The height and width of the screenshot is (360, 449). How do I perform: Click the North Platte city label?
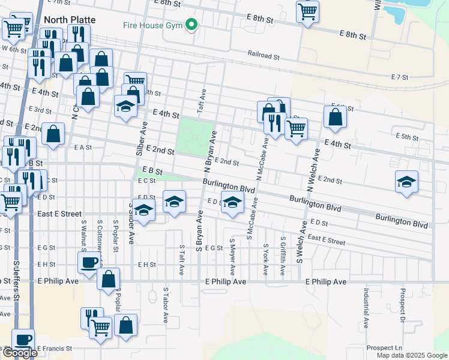[67, 19]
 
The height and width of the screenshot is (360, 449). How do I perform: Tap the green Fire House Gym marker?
[191, 25]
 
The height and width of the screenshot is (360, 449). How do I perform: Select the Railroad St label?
[264, 55]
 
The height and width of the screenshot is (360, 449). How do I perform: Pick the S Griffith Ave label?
[283, 256]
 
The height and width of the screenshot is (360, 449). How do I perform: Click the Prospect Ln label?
[384, 347]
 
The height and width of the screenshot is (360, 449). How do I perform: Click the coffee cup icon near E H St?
[89, 262]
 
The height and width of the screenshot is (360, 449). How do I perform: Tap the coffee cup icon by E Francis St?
[23, 339]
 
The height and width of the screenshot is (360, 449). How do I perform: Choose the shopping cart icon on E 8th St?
[307, 11]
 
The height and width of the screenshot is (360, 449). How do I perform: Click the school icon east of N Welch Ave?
[406, 182]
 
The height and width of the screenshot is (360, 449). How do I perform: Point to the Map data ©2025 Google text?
[412, 355]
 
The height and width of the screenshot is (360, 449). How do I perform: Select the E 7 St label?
[399, 77]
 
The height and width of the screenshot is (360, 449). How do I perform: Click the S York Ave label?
[265, 259]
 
